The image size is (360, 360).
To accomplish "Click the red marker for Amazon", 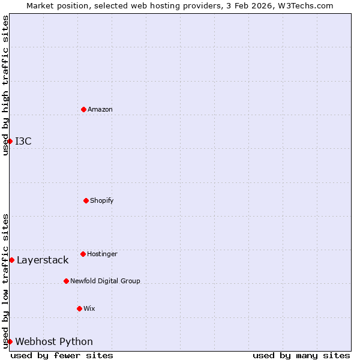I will click(83, 109).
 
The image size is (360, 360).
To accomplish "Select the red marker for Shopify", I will click(86, 200).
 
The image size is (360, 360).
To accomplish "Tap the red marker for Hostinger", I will click(83, 254).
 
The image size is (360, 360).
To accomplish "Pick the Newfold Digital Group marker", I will click(66, 281).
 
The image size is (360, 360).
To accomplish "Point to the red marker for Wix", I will click(79, 308).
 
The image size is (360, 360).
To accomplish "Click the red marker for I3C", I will click(10, 141).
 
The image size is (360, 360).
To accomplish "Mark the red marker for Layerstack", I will click(11, 260).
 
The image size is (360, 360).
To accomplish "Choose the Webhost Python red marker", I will click(10, 341).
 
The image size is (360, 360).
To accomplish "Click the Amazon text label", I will click(100, 109).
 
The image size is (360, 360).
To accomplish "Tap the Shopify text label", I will click(102, 200).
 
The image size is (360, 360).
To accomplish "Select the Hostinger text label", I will click(102, 254).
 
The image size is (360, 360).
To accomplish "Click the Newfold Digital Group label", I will click(105, 281).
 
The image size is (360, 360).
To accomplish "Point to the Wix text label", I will click(89, 308).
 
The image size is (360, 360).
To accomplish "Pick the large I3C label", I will click(23, 141).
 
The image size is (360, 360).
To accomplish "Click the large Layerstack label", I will click(43, 260).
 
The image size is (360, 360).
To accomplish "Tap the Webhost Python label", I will click(54, 341).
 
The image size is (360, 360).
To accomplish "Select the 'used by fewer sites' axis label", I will click(62, 355).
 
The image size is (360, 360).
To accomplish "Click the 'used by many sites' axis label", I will click(301, 355).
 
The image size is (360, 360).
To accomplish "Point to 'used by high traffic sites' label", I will click(5, 85).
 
